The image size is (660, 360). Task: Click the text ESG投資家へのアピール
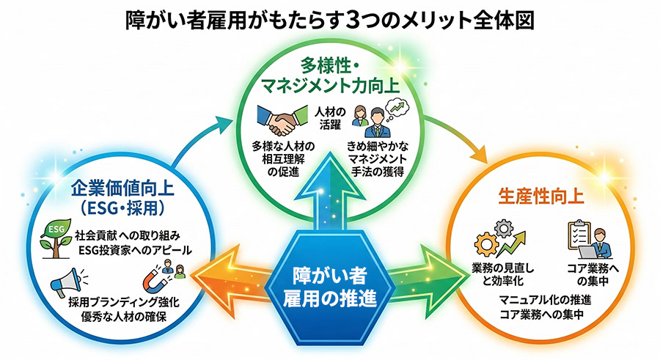tap(134, 250)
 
